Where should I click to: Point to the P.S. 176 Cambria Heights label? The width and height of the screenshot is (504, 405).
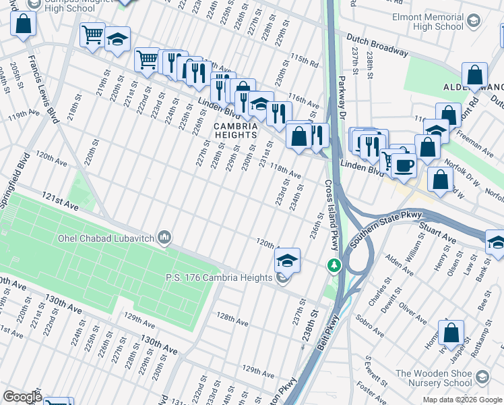pos(220,277)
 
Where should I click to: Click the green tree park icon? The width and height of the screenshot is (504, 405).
pos(332,265)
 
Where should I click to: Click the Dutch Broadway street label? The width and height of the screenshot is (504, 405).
pos(378,44)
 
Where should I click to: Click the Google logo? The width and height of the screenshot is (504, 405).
pos(22,396)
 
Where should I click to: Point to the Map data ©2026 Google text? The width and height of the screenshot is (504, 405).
pos(462,400)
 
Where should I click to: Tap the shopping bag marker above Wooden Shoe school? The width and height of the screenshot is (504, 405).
pos(451,333)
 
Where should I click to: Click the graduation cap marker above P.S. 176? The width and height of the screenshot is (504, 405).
pos(287,259)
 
